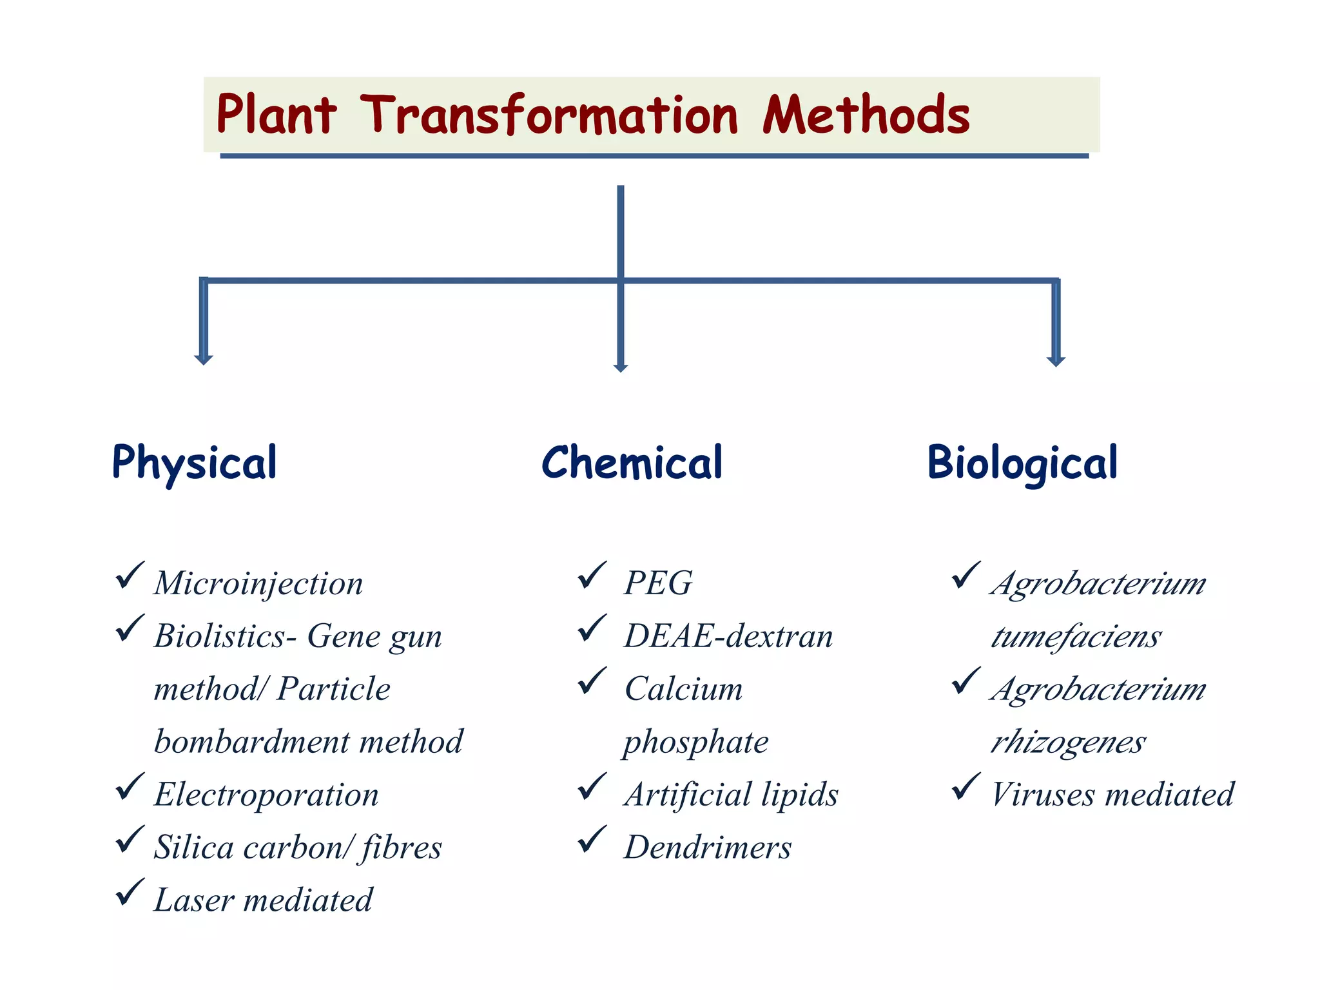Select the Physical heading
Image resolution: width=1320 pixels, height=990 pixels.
(195, 463)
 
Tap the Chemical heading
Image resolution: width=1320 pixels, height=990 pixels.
(632, 463)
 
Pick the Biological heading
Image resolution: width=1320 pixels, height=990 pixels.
(1022, 463)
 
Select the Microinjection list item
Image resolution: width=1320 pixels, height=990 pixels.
(258, 583)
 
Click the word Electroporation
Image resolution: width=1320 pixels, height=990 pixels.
(266, 794)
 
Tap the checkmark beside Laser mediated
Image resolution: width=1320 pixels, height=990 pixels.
(130, 893)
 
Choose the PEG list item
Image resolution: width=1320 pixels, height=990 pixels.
(658, 583)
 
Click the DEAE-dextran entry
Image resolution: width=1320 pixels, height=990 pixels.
(728, 636)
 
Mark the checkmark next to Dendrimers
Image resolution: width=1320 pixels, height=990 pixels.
(592, 839)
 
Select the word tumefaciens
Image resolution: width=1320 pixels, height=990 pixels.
(1076, 637)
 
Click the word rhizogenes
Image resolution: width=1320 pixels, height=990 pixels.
(1068, 742)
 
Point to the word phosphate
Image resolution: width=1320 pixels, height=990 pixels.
(696, 742)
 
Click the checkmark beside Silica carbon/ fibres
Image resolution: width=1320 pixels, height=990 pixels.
(130, 840)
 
